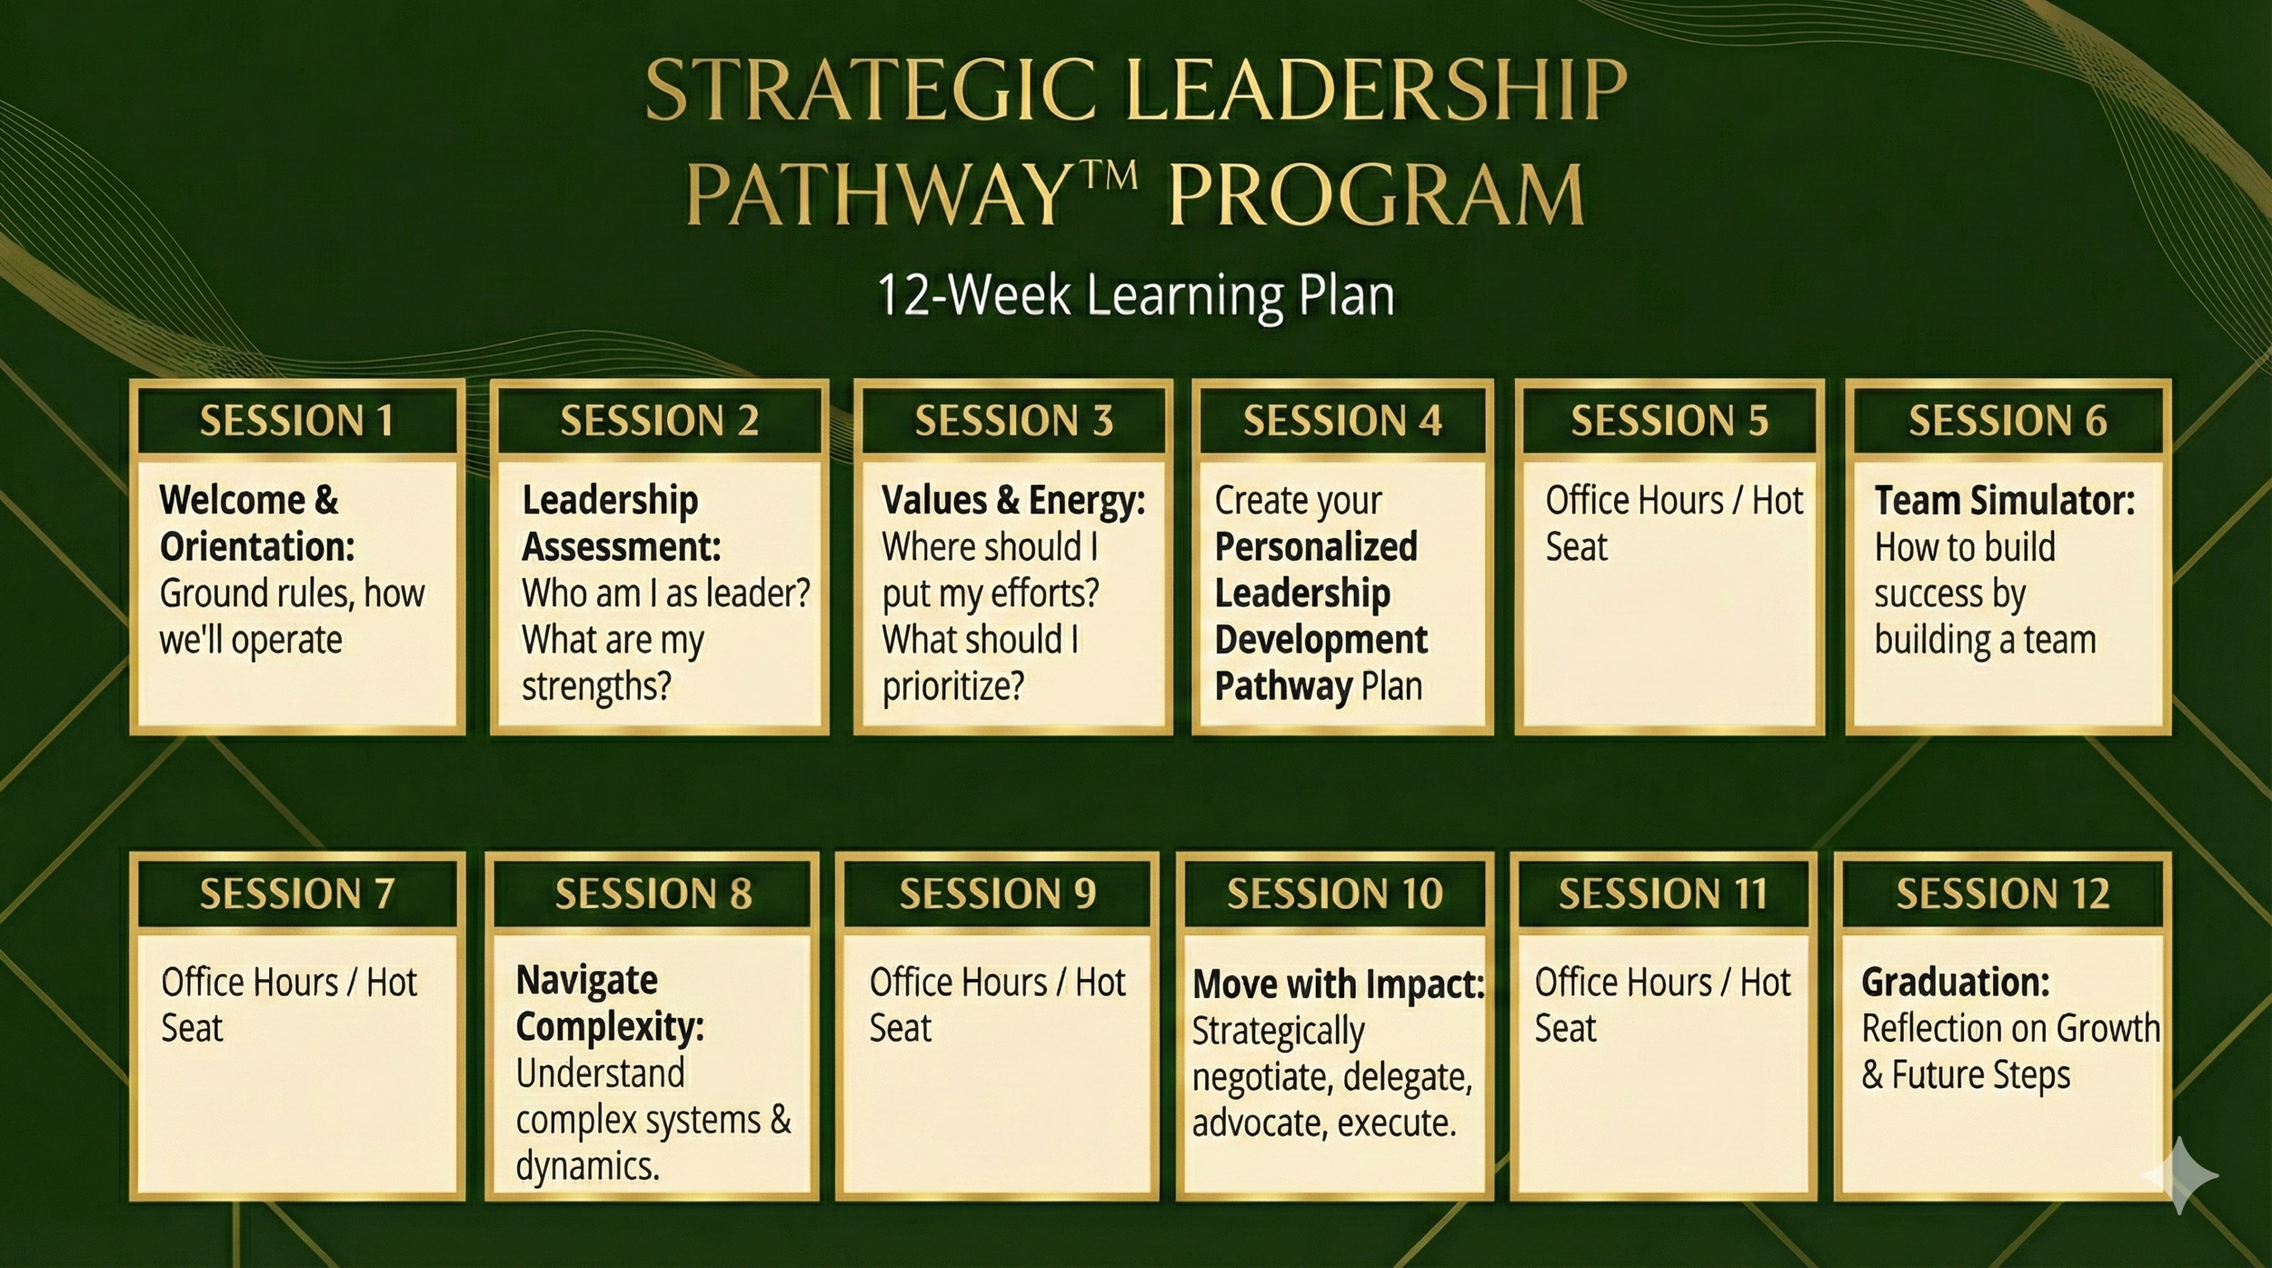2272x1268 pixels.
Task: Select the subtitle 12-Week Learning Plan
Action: pyautogui.click(x=1135, y=295)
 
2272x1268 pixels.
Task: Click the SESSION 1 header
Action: pyautogui.click(x=297, y=421)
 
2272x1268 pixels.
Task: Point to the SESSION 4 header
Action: pyautogui.click(x=1342, y=421)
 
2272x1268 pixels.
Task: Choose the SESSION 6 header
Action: pyautogui.click(x=2008, y=421)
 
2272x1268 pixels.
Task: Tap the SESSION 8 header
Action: pyautogui.click(x=653, y=894)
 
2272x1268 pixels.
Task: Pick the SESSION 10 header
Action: pyautogui.click(x=1334, y=894)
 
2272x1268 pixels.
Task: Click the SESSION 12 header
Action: pyautogui.click(x=2002, y=894)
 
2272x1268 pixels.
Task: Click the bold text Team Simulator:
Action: pyautogui.click(x=2004, y=501)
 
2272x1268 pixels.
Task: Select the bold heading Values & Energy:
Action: pyautogui.click(x=1012, y=501)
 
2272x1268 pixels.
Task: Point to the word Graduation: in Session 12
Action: pyautogui.click(x=1955, y=982)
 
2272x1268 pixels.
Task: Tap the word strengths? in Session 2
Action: pyautogui.click(x=596, y=686)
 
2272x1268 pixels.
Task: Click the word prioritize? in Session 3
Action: pyautogui.click(x=952, y=686)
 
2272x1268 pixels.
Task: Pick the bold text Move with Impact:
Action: pyautogui.click(x=1338, y=983)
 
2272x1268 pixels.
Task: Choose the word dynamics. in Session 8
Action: pyautogui.click(x=587, y=1166)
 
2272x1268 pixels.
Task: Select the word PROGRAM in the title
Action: pyautogui.click(x=1376, y=195)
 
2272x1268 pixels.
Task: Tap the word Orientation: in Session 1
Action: pyautogui.click(x=257, y=547)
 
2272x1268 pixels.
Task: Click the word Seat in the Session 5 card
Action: pyautogui.click(x=1576, y=547)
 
